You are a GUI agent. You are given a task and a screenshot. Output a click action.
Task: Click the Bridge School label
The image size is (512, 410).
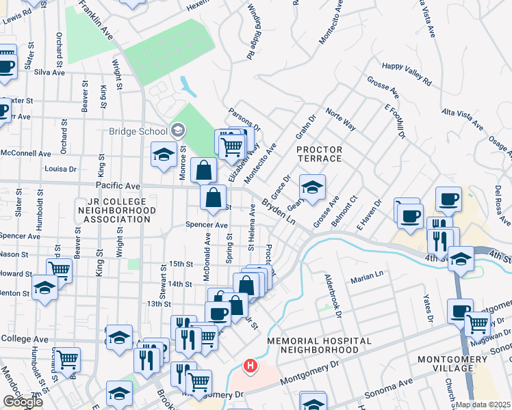coord(137,131)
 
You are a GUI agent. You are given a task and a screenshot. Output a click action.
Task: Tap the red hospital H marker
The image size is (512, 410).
coord(251,366)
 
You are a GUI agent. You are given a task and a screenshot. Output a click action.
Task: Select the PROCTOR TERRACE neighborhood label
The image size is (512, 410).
coord(319,154)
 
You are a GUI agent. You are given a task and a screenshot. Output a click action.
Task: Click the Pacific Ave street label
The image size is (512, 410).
coord(118,186)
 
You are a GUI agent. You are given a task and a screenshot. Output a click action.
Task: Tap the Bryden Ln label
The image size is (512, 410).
coord(278,213)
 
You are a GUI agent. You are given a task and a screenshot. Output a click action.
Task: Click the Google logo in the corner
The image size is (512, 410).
coord(23,402)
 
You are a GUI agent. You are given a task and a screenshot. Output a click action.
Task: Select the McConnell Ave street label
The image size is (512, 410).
coord(25,154)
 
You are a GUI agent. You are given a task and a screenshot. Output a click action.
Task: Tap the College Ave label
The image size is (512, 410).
coord(25,338)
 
